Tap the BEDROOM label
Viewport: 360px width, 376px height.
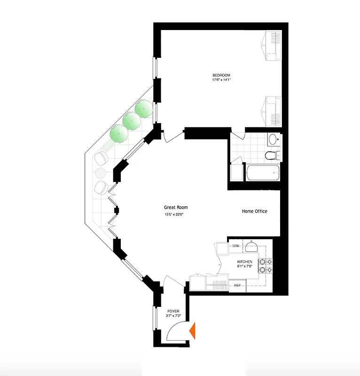[x=221, y=75]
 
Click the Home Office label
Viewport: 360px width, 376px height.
[x=255, y=211]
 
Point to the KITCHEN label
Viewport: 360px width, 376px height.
[x=244, y=262]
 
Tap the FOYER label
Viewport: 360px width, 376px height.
[x=173, y=311]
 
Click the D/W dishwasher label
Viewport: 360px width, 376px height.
[x=235, y=246]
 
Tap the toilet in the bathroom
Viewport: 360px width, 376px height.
[x=272, y=155]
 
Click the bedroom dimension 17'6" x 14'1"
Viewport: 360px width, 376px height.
[x=221, y=80]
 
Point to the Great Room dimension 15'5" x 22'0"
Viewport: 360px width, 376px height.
[x=173, y=215]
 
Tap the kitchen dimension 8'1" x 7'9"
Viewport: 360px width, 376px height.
[x=244, y=267]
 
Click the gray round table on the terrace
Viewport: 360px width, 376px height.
[x=101, y=173]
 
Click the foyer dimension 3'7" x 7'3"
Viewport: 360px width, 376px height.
[x=173, y=316]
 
